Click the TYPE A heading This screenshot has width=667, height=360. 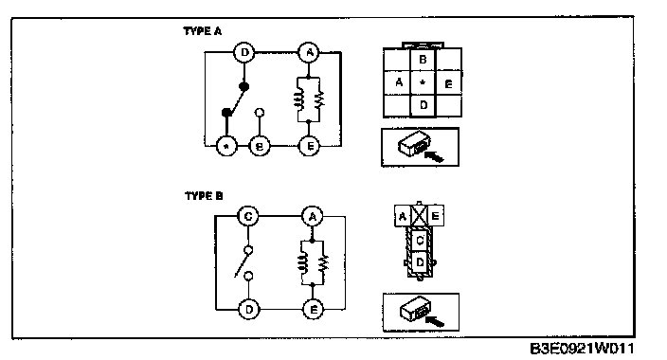point(203,31)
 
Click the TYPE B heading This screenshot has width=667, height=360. point(204,196)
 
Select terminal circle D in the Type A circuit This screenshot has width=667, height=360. point(244,52)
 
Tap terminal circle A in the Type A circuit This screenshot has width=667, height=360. point(309,52)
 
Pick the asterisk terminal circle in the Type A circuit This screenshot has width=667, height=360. point(226,147)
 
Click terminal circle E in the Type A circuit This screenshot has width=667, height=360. point(309,146)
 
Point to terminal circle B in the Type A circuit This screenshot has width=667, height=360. point(259,147)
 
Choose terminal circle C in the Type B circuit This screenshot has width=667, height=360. point(248,216)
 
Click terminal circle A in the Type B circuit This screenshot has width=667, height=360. point(313,217)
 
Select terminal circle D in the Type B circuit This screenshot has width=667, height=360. point(249,310)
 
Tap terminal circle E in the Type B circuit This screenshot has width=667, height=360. point(313,310)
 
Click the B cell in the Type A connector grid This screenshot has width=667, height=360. point(423,60)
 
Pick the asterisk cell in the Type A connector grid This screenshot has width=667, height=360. point(423,82)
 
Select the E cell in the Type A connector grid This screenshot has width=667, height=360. point(448,83)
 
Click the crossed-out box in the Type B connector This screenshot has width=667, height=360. point(419,216)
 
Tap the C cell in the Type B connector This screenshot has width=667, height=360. point(420,241)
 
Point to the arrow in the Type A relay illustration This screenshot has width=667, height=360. point(434,157)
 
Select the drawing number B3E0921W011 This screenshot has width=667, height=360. point(582,349)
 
